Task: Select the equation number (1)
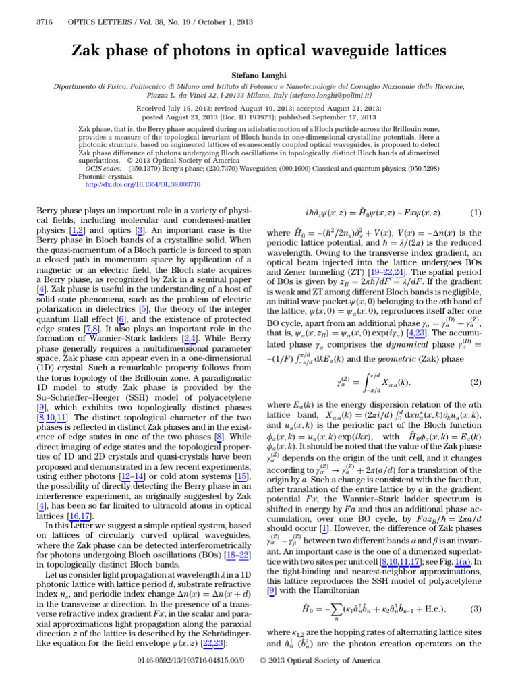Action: pos(476,213)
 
